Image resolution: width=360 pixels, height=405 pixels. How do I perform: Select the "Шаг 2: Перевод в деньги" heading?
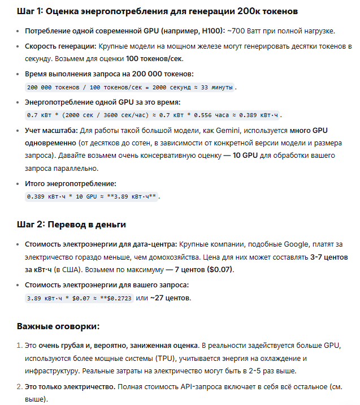[x=71, y=224]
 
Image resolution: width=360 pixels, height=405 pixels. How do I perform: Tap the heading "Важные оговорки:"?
[x=58, y=326]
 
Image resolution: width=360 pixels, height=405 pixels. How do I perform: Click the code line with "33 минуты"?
[x=130, y=87]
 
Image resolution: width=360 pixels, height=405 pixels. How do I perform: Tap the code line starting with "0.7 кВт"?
[x=153, y=115]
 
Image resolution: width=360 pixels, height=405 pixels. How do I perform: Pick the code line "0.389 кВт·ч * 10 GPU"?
[x=93, y=196]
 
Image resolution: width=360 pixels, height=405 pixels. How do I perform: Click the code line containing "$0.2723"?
[x=79, y=298]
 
